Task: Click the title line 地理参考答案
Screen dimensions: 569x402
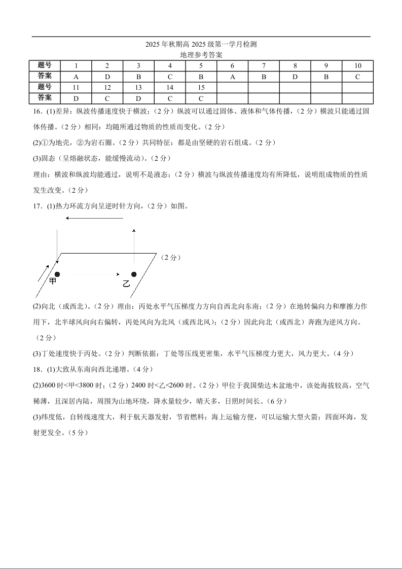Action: click(201, 55)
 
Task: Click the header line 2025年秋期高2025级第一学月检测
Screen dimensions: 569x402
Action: click(201, 45)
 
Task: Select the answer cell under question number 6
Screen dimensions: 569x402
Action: click(232, 77)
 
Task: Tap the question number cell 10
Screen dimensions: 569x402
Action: click(357, 66)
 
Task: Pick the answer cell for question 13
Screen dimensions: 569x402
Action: click(138, 98)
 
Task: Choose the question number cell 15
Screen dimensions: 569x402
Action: click(201, 87)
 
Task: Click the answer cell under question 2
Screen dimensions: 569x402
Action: click(107, 77)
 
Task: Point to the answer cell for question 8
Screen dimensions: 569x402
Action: click(295, 77)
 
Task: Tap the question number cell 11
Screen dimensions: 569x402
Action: click(76, 87)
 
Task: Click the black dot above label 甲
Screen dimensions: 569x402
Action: click(57, 274)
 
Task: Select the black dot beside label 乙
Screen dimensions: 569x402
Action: click(134, 274)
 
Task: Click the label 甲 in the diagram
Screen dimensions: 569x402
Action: click(53, 281)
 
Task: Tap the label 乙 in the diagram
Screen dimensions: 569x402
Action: click(126, 283)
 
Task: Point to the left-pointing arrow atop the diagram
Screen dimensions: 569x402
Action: click(94, 219)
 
